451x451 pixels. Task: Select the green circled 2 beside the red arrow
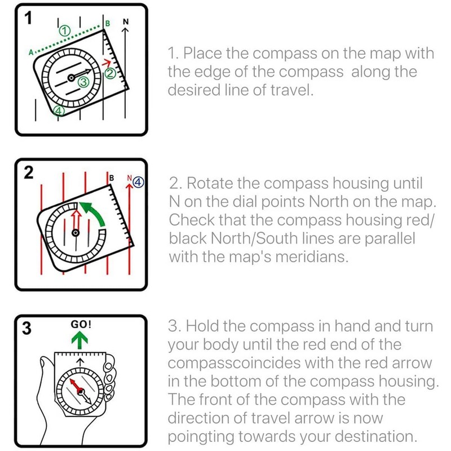pos(110,73)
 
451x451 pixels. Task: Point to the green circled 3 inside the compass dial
pos(83,82)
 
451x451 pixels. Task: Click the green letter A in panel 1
pos(30,52)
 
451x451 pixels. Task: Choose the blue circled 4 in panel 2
pos(139,181)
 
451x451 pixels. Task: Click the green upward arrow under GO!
pos(81,340)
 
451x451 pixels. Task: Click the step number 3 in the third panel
pos(26,329)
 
